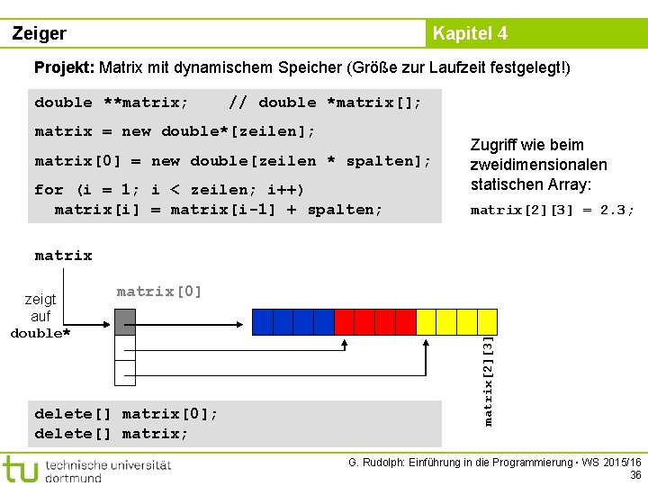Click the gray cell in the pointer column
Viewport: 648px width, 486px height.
pos(124,321)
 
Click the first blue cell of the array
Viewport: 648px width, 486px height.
pos(262,321)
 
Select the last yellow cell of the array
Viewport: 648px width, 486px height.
pos(487,321)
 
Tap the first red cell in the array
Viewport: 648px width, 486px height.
pos(344,321)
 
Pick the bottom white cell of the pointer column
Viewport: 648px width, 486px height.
pos(124,372)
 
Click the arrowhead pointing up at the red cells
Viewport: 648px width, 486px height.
pos(345,342)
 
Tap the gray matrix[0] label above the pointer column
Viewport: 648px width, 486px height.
pos(159,291)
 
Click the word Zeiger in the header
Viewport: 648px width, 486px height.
pos(40,33)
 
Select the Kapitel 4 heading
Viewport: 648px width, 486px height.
pos(470,33)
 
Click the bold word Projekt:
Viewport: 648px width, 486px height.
pos(64,67)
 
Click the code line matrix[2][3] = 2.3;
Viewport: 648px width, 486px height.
pos(553,210)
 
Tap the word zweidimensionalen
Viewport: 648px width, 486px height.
pos(538,165)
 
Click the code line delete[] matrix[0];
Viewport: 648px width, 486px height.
pos(126,413)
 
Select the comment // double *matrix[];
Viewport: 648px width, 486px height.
pos(325,102)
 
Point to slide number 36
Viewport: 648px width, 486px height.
pos(635,475)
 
